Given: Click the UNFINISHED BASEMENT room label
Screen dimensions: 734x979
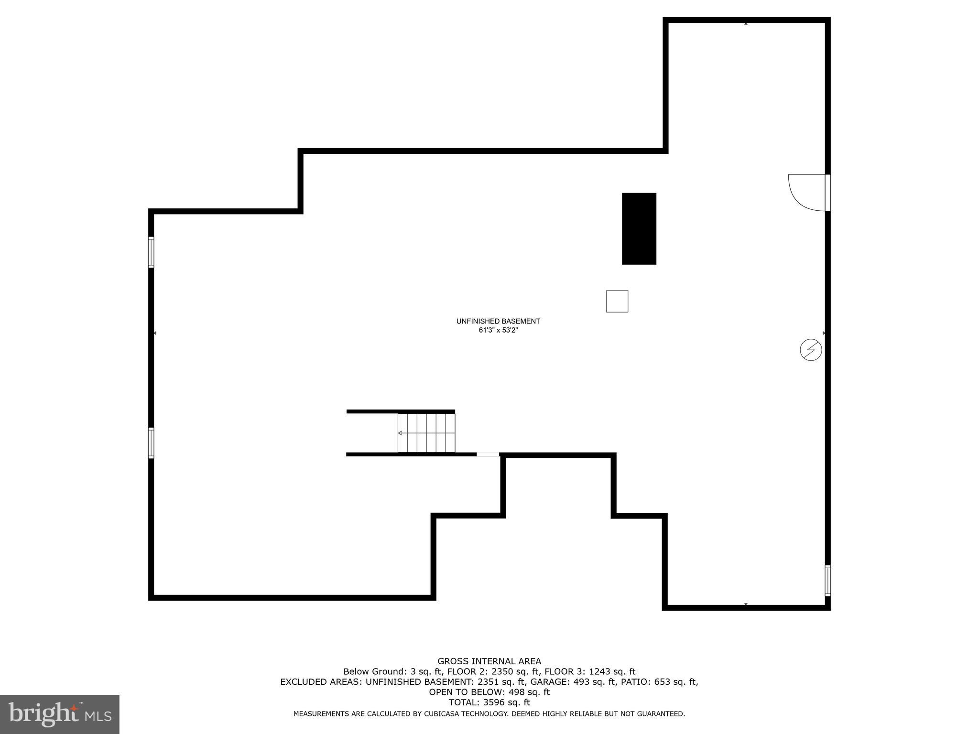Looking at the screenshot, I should pyautogui.click(x=498, y=321).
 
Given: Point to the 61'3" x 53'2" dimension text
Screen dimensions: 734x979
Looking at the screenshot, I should pyautogui.click(x=498, y=330).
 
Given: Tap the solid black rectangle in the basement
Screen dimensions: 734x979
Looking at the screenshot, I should pyautogui.click(x=639, y=228).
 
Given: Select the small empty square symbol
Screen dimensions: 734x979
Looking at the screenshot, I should pyautogui.click(x=617, y=301).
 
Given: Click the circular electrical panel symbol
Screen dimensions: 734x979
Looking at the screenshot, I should pyautogui.click(x=811, y=350).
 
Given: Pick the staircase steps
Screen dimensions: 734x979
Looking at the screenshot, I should pyautogui.click(x=426, y=433).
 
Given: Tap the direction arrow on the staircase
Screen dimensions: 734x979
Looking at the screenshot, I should pyautogui.click(x=401, y=433).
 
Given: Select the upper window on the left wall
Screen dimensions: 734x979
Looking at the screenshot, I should pyautogui.click(x=151, y=252).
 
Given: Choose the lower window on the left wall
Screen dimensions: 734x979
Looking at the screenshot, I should pyautogui.click(x=151, y=443).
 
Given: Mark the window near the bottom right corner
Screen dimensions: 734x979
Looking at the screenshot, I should pyautogui.click(x=827, y=581).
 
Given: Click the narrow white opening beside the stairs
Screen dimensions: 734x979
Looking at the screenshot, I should pyautogui.click(x=488, y=454).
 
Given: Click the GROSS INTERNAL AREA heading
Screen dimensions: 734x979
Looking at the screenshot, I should pyautogui.click(x=489, y=661).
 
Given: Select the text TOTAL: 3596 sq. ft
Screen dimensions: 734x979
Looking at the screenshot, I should pyautogui.click(x=489, y=702).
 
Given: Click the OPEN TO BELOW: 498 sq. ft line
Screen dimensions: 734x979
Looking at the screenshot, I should pyautogui.click(x=489, y=692).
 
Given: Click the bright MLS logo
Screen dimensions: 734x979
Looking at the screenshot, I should pyautogui.click(x=60, y=714).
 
